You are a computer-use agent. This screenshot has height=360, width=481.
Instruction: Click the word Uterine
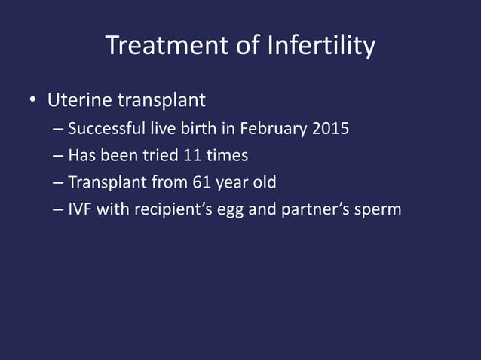coord(75,100)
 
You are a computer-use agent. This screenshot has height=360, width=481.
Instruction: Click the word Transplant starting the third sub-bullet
coord(103,183)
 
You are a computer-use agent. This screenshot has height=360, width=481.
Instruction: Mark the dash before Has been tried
coord(59,156)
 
